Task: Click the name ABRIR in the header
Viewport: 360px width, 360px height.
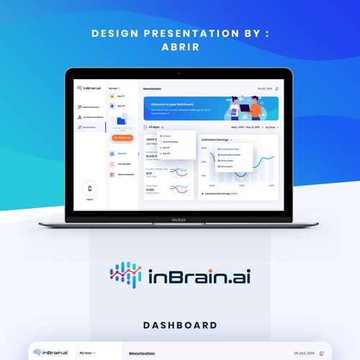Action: pyautogui.click(x=180, y=48)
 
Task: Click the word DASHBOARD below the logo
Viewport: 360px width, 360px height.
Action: pyautogui.click(x=180, y=325)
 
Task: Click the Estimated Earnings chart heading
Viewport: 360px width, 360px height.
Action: pyautogui.click(x=216, y=138)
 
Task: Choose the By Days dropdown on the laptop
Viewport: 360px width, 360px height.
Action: pyautogui.click(x=271, y=127)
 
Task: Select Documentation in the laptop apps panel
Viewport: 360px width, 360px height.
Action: pyautogui.click(x=125, y=174)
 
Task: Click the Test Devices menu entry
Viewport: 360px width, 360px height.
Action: pyautogui.click(x=125, y=163)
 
